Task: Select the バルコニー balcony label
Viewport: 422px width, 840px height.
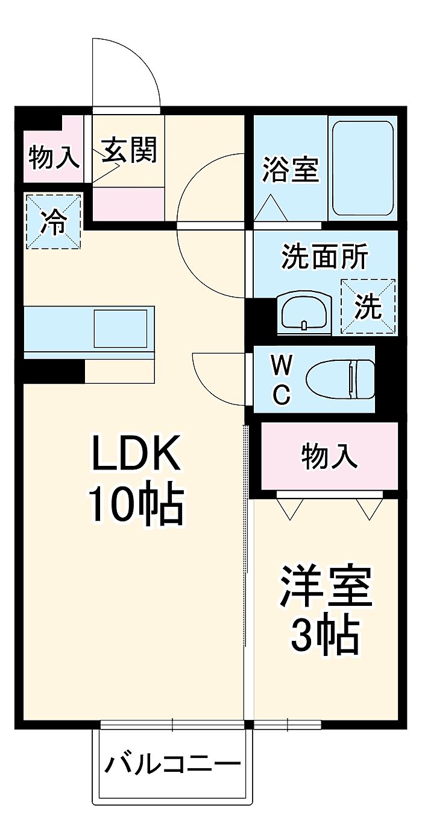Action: [x=172, y=765]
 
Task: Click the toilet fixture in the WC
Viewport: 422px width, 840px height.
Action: [x=340, y=379]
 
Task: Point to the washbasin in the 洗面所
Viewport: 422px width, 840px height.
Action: [x=304, y=313]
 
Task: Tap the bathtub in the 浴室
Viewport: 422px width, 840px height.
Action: [x=362, y=170]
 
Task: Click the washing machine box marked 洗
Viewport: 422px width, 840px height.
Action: [x=368, y=307]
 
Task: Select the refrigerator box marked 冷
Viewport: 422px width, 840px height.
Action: [x=53, y=221]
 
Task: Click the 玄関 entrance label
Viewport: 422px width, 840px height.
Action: [x=128, y=150]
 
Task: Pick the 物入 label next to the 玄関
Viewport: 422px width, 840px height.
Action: [x=54, y=157]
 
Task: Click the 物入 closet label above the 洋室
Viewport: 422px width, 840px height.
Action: [x=329, y=456]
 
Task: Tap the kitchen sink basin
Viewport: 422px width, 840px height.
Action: [x=120, y=328]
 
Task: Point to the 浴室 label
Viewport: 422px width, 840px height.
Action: [x=289, y=170]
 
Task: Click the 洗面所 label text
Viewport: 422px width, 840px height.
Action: [x=324, y=258]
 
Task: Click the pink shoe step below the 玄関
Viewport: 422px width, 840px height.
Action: [x=128, y=203]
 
